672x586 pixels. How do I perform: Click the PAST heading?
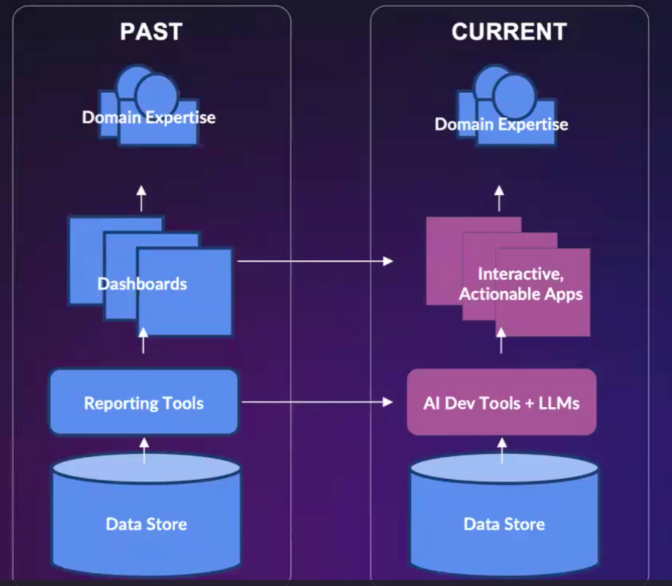pyautogui.click(x=151, y=31)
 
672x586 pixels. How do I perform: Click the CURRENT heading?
pyautogui.click(x=509, y=31)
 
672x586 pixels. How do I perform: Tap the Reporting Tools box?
pyautogui.click(x=144, y=402)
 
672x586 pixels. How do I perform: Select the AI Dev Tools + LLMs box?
pyautogui.click(x=501, y=402)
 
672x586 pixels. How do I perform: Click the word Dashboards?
pyautogui.click(x=142, y=284)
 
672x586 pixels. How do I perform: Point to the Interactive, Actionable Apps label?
pyautogui.click(x=520, y=284)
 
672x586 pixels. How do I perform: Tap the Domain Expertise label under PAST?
pyautogui.click(x=149, y=118)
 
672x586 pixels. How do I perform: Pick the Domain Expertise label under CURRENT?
pyautogui.click(x=501, y=124)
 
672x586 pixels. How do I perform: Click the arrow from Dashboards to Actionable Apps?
pyautogui.click(x=315, y=261)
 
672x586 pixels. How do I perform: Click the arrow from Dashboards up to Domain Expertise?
pyautogui.click(x=142, y=198)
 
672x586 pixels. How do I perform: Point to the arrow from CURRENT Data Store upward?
pyautogui.click(x=502, y=451)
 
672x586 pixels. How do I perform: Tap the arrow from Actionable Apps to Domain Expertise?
pyautogui.click(x=499, y=198)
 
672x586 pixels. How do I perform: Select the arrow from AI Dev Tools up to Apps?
pyautogui.click(x=502, y=341)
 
